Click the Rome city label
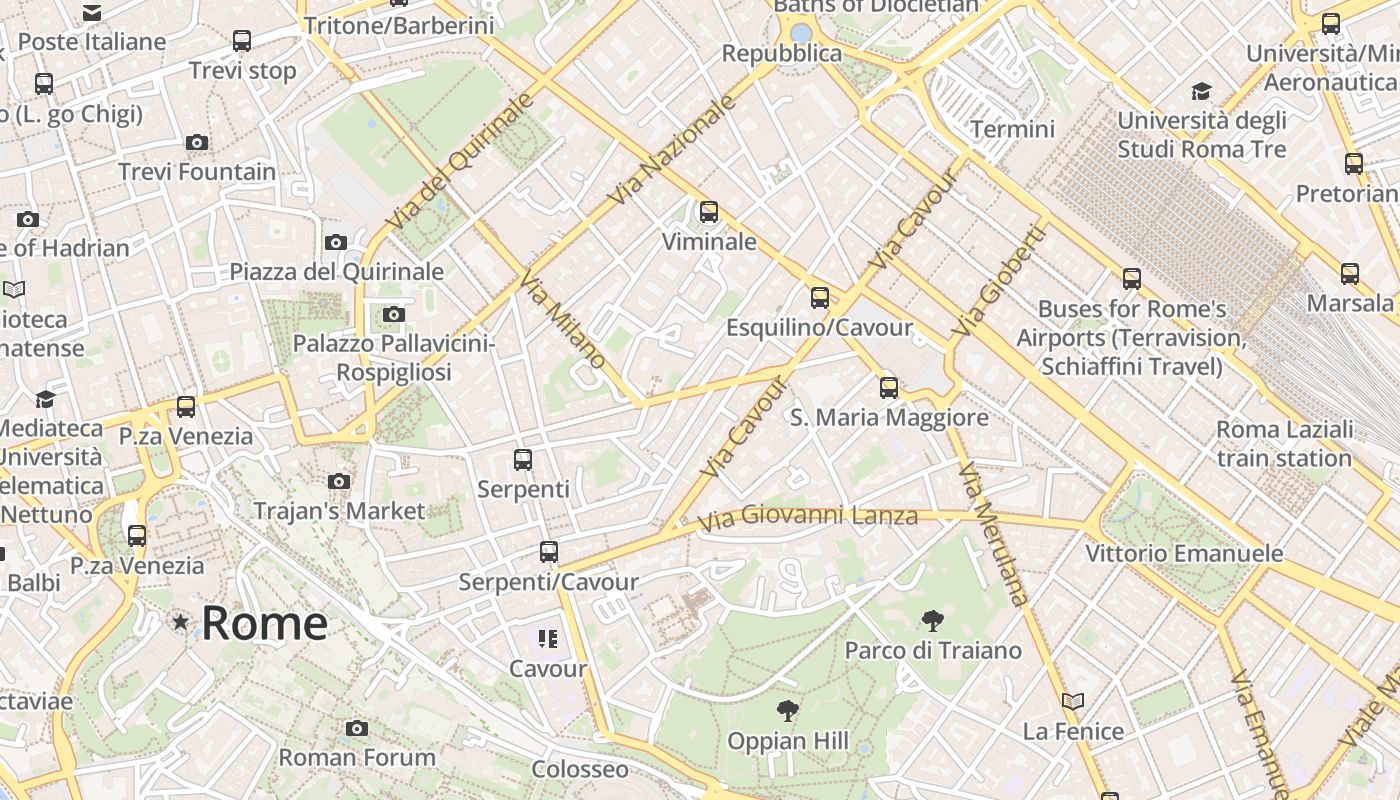[264, 623]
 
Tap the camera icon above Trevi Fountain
[197, 143]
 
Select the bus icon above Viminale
[709, 212]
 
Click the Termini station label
[1012, 129]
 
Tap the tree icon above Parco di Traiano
[933, 621]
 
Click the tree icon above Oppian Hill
[788, 712]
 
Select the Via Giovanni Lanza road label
[807, 518]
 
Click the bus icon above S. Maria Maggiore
[889, 388]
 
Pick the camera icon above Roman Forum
[357, 728]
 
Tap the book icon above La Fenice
[1073, 702]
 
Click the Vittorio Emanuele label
[1184, 553]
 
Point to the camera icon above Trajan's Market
[339, 482]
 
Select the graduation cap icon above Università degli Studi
[1201, 92]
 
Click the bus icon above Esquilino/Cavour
[820, 298]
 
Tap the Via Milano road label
[562, 321]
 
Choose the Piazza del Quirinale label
[337, 271]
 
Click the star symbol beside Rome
[180, 623]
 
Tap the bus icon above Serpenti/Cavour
[548, 552]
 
